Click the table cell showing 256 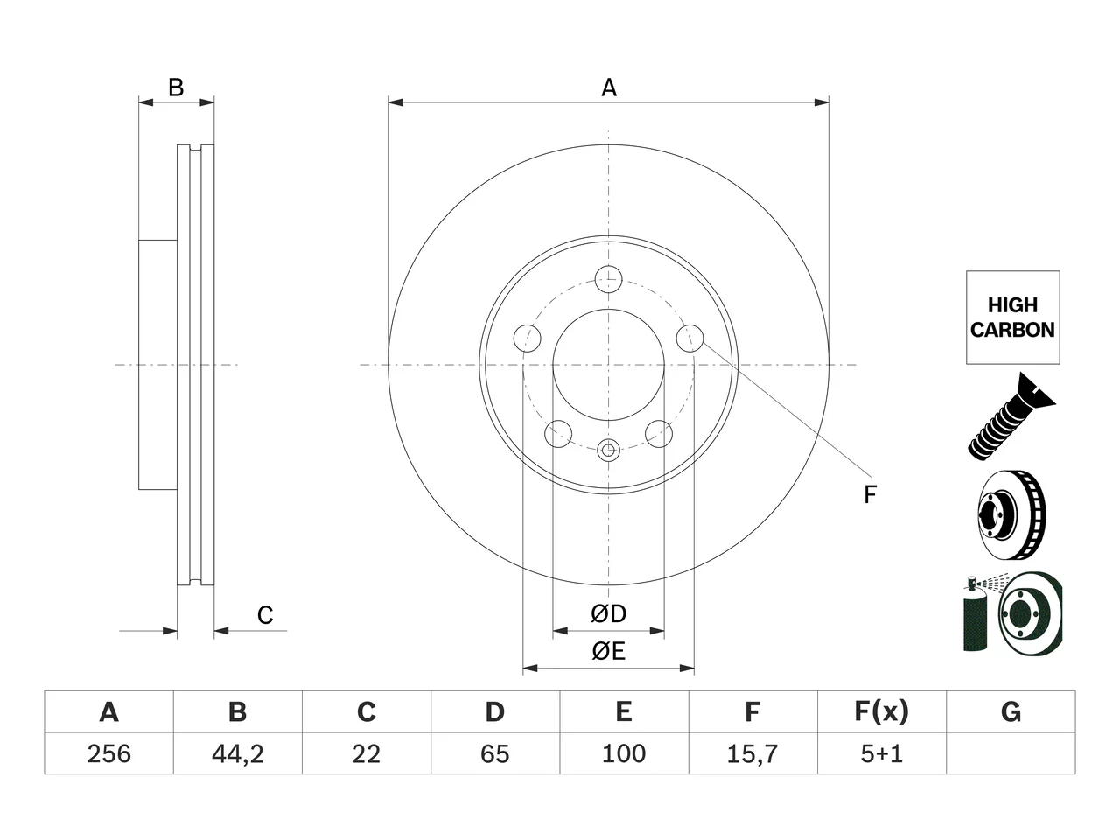click(108, 753)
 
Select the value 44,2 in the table click(238, 753)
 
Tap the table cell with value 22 click(367, 753)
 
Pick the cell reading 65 click(495, 753)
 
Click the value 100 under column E click(624, 753)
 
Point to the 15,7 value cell click(752, 753)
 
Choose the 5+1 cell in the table click(882, 753)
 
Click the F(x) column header click(882, 712)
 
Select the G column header click(1011, 712)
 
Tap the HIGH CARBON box click(1013, 318)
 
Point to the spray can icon click(975, 614)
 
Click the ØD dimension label click(608, 614)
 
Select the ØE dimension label click(608, 651)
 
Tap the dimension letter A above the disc click(609, 87)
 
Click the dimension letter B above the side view click(176, 87)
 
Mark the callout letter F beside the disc click(871, 494)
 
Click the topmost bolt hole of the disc click(609, 279)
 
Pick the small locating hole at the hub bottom click(608, 450)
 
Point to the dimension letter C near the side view click(265, 615)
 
